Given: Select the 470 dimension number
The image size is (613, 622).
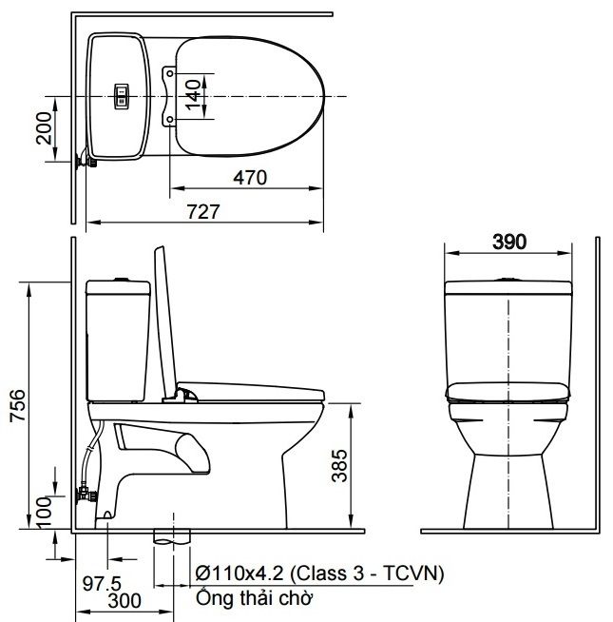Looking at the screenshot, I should click(249, 178).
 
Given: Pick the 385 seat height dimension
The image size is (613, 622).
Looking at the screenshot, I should click(339, 465).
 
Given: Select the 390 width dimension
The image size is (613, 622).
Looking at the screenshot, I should click(509, 242).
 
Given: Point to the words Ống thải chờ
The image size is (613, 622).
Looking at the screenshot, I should click(254, 598).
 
